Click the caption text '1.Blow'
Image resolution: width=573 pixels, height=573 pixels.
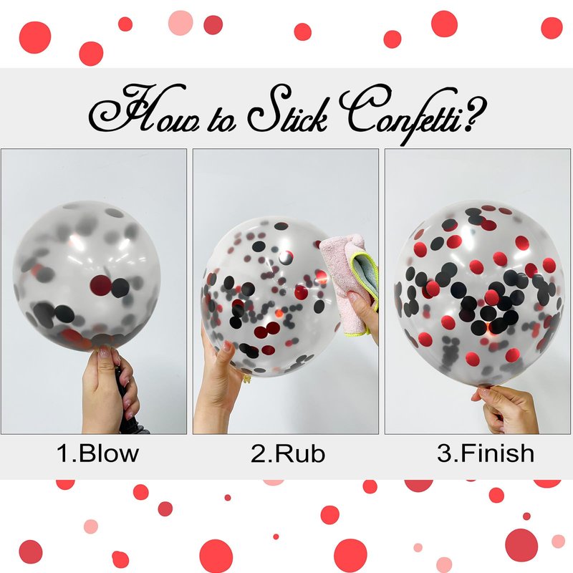97,453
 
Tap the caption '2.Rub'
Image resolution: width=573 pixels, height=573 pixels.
288,453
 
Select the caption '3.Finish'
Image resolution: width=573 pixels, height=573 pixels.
486,453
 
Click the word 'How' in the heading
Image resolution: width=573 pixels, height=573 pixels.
145,109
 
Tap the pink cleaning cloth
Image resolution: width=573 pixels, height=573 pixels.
347,281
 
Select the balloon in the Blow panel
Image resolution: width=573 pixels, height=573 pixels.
87,276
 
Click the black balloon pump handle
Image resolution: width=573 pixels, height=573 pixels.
128,398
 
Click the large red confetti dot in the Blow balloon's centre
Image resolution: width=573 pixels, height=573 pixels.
101,285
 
